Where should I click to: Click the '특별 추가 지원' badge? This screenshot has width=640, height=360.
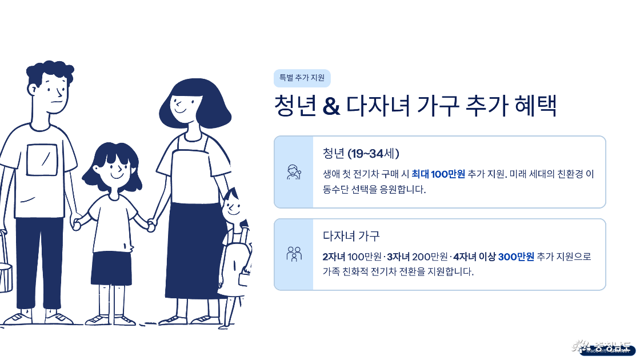(302, 78)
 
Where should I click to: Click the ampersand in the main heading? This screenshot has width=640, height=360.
(331, 107)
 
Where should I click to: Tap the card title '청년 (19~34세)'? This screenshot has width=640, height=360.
(361, 153)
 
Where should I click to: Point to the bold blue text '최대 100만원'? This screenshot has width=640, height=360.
(438, 174)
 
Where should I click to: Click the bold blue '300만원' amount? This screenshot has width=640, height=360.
(516, 257)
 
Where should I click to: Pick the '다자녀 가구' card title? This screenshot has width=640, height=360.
(351, 235)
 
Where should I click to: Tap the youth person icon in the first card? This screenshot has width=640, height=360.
(294, 172)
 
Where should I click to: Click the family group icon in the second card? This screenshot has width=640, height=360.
(294, 254)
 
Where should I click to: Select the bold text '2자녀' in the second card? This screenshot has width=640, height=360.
(334, 257)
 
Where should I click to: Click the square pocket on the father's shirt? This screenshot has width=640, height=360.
(42, 160)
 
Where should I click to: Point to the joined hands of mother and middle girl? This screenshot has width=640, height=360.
(151, 225)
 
